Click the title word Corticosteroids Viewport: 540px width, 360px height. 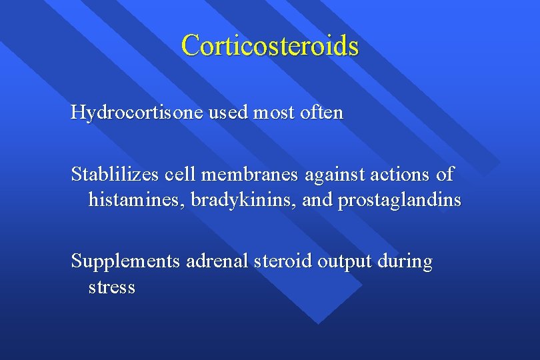(x=269, y=45)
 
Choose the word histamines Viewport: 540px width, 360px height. (x=137, y=200)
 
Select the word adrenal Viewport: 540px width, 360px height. (x=217, y=261)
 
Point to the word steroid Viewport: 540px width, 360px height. (x=283, y=261)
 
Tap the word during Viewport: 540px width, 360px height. (x=405, y=262)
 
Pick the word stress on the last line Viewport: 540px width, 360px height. (x=111, y=288)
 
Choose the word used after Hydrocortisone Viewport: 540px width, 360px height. (x=227, y=113)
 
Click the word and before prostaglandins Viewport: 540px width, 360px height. (x=317, y=200)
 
